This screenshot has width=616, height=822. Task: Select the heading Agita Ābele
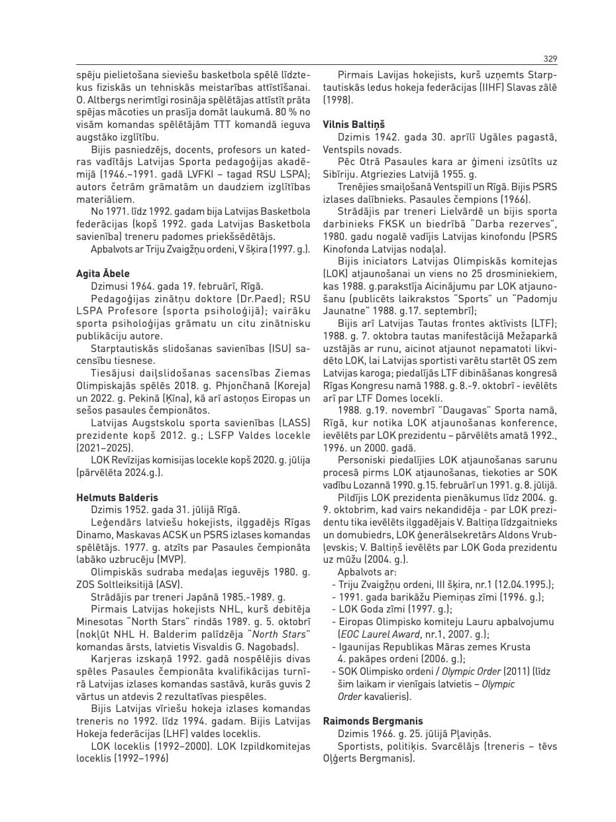103,274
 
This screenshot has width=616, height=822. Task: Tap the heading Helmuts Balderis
117,497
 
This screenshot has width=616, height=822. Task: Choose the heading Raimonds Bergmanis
372,721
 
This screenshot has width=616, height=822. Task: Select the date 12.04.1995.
521,585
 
